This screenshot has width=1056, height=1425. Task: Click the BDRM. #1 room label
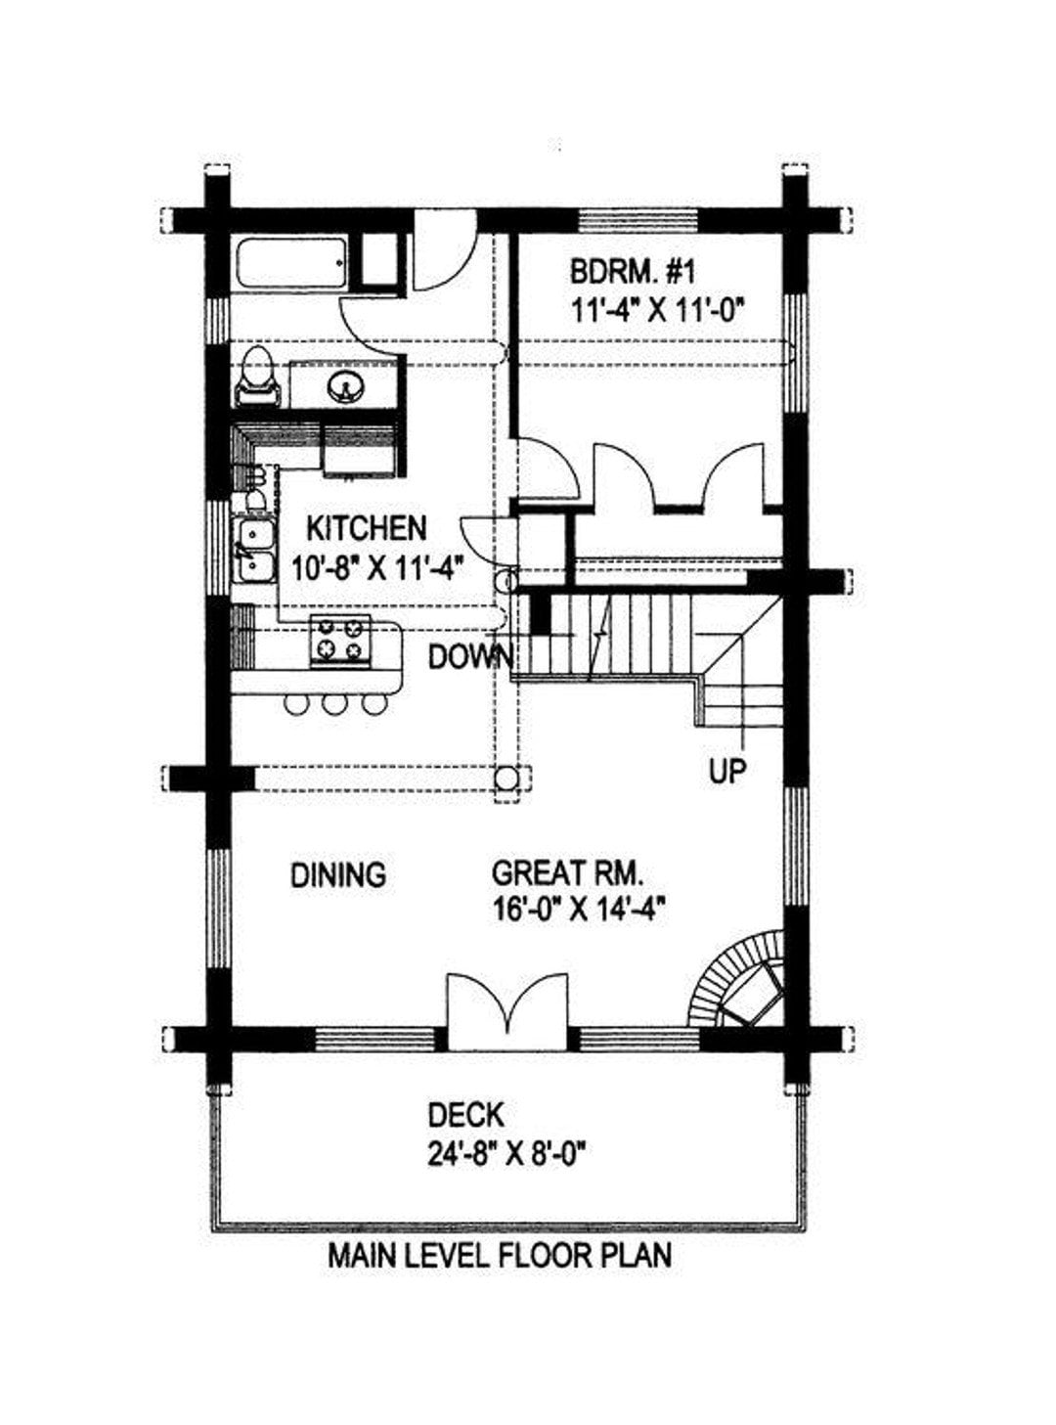[632, 273]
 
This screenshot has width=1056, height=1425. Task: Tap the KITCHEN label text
[366, 528]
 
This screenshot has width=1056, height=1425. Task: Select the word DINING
[338, 874]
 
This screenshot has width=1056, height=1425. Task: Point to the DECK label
[465, 1115]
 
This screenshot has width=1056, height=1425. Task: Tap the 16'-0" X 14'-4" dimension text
[578, 911]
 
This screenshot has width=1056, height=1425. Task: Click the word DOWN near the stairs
[471, 657]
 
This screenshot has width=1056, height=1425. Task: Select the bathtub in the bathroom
[292, 263]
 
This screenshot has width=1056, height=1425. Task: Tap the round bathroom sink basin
[345, 385]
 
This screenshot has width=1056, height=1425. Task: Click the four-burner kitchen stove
[340, 640]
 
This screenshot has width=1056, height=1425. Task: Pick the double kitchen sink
[254, 550]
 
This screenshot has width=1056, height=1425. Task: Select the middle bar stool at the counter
[334, 704]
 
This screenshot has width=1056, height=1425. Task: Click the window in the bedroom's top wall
[638, 221]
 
